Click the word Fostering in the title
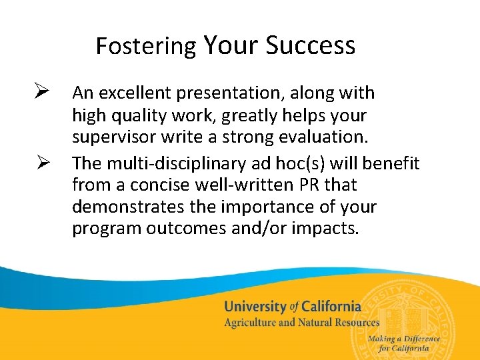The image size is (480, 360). pyautogui.click(x=146, y=47)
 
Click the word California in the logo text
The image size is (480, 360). pyautogui.click(x=331, y=307)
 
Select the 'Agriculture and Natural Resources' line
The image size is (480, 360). pyautogui.click(x=301, y=323)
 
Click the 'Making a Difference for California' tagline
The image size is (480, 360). pyautogui.click(x=409, y=343)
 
